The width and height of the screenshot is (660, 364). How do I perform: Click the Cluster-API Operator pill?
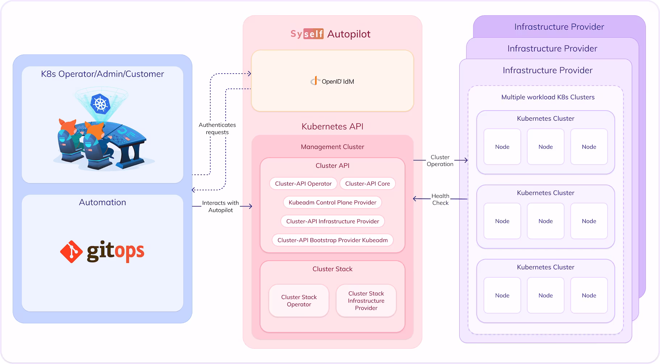pos(303,183)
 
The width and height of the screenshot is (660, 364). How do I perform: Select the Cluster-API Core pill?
pos(367,183)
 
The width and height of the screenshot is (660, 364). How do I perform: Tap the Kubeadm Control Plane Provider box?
pos(332,202)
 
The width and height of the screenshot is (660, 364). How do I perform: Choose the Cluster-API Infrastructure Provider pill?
pos(332,221)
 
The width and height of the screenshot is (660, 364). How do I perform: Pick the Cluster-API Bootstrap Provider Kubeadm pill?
pos(332,240)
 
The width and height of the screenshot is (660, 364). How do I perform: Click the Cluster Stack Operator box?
pos(299,301)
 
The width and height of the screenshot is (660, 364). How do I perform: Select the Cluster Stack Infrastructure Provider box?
pos(366,301)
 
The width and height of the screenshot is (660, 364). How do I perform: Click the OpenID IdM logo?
pos(332,81)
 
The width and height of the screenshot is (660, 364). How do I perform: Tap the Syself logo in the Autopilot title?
pos(307,34)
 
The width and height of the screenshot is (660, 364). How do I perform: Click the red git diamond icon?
pos(71,251)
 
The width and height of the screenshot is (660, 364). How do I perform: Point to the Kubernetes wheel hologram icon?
pos(100,103)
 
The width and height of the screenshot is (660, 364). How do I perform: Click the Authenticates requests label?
pos(217,128)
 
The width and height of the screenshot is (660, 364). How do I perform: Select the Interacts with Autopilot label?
pos(220,206)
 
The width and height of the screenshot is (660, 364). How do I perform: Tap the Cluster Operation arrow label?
pos(440,161)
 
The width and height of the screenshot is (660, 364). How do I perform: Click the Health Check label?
pos(440,199)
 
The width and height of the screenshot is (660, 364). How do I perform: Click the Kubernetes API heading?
pos(332,127)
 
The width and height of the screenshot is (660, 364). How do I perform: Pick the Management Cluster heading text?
pos(332,147)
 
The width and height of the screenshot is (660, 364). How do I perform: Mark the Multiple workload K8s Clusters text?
pos(548,97)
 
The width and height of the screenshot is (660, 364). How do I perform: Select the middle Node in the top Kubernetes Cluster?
pos(546,146)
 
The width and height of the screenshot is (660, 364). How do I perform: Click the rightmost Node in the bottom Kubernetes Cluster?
pos(589,295)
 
